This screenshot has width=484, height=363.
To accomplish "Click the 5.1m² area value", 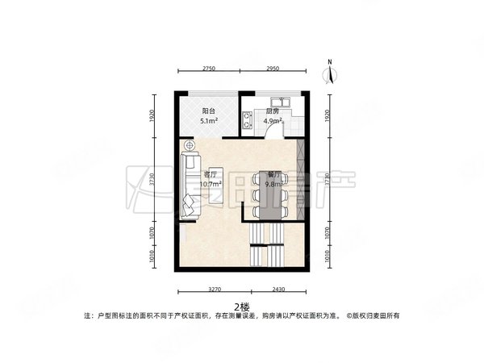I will tap(208, 123).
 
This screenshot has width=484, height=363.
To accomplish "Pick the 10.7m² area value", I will tap(211, 184).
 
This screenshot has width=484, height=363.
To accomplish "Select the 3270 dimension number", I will tap(214, 288).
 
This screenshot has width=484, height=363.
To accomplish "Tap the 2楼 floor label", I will tap(241, 306).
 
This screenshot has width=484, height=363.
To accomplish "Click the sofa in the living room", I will tap(191, 187).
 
